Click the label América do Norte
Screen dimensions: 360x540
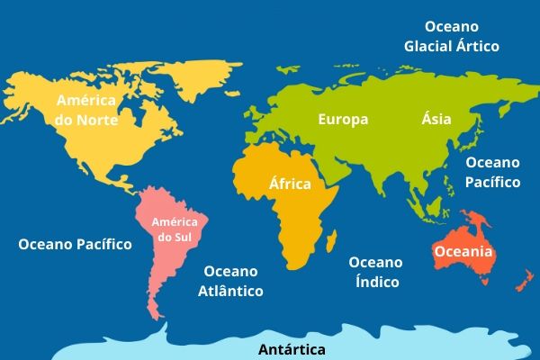click(x=87, y=109)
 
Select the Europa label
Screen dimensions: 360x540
click(x=343, y=119)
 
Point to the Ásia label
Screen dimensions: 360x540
click(x=436, y=119)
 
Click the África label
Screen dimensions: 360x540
click(x=290, y=184)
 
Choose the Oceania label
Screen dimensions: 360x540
click(x=463, y=252)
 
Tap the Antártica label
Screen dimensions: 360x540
click(x=292, y=349)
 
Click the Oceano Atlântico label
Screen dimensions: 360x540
click(x=230, y=281)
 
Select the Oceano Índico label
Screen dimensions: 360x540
click(x=375, y=272)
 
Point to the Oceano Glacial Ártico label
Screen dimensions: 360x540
click(x=451, y=36)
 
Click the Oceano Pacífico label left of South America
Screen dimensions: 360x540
click(x=75, y=244)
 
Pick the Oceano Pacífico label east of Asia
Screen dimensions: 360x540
click(x=492, y=172)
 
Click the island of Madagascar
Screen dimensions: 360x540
click(x=331, y=240)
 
